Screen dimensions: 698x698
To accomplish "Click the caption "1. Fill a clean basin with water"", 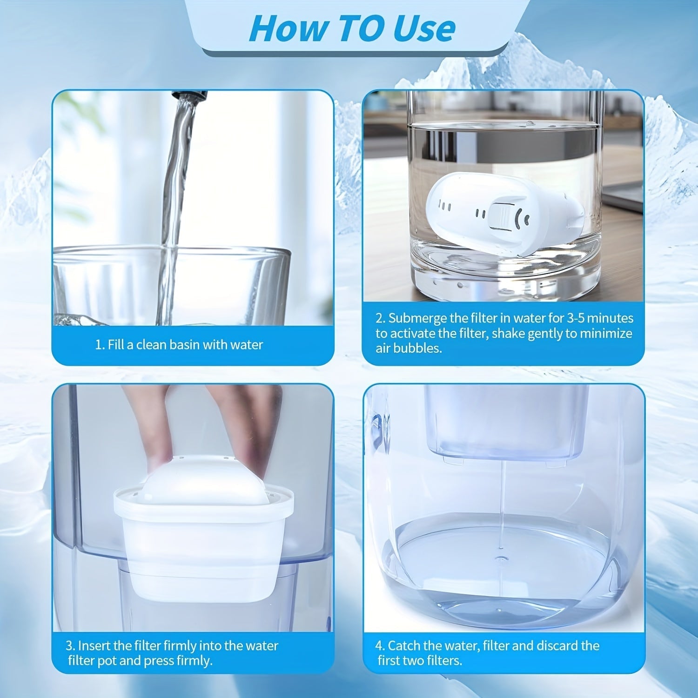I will pyautogui.click(x=179, y=345).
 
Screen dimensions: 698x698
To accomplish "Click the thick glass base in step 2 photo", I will pyautogui.click(x=503, y=275).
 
